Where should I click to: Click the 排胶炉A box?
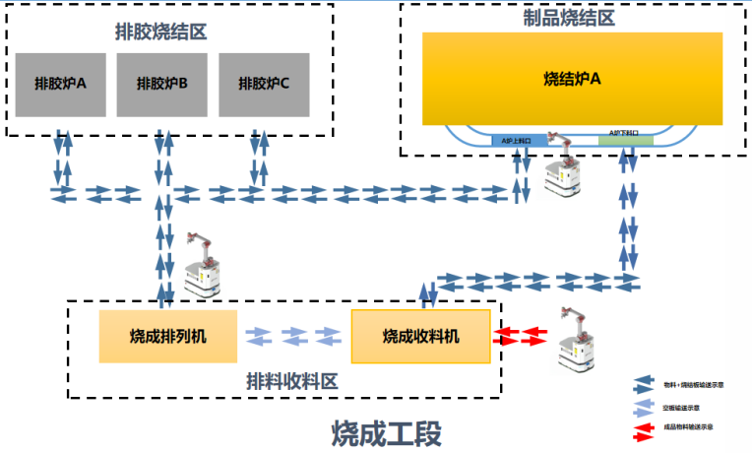(x=60, y=83)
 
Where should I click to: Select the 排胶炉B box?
(x=161, y=83)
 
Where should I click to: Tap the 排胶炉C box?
(x=263, y=83)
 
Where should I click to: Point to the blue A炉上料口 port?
(x=518, y=141)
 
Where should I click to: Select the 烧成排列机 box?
(x=167, y=336)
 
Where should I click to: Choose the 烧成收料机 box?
(x=420, y=336)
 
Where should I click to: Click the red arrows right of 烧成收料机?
(x=523, y=335)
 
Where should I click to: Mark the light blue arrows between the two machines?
(x=294, y=335)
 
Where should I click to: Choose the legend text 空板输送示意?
(x=682, y=407)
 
